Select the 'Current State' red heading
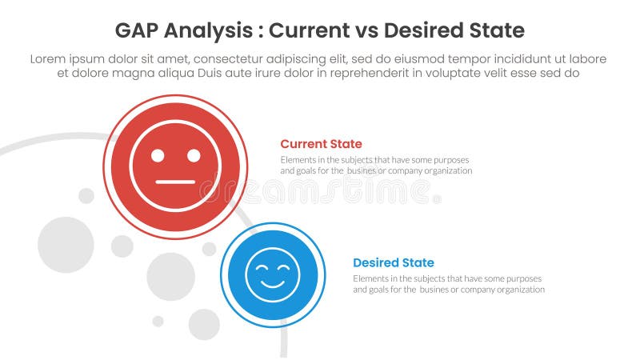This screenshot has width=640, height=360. (x=321, y=144)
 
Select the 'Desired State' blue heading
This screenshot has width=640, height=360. (x=394, y=262)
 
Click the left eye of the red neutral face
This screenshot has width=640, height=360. (x=157, y=155)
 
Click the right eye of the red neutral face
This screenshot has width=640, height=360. (x=194, y=155)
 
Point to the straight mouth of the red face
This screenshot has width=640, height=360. (x=175, y=182)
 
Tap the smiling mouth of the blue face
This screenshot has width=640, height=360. (x=273, y=283)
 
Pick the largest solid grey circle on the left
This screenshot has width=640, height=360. (x=66, y=245)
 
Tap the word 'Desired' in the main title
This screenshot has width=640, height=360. (x=429, y=31)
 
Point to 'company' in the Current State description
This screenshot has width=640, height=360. (x=406, y=170)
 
